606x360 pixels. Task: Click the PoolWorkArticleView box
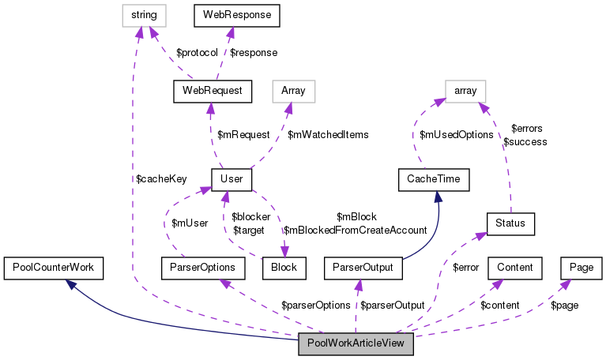tap(356, 345)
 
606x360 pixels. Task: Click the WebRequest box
tap(212, 90)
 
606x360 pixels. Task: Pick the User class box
tap(231, 179)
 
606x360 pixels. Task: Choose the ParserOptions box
tap(198, 268)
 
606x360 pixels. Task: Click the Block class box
tap(284, 268)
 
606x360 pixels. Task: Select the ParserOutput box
tap(364, 268)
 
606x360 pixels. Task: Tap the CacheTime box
tap(434, 179)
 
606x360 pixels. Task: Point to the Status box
tap(510, 223)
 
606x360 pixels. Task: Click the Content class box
tap(515, 268)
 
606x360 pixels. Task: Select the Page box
tap(582, 268)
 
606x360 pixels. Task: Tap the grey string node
tap(143, 14)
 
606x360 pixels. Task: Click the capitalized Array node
tap(293, 90)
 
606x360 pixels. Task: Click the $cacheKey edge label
tap(161, 179)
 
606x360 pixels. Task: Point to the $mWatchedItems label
tap(328, 135)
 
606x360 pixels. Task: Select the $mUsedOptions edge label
tap(457, 135)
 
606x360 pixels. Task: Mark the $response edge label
tap(254, 52)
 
